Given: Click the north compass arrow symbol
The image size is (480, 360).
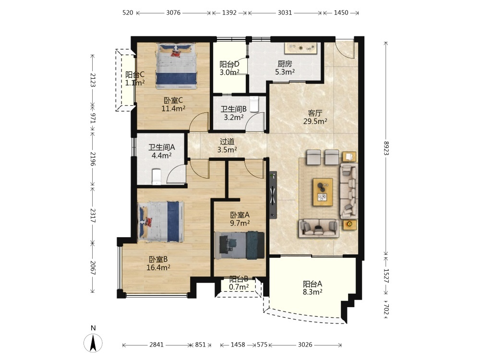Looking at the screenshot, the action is point(93,343).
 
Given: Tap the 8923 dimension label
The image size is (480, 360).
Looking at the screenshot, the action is point(386,148).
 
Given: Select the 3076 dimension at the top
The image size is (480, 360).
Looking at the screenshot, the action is point(173,12).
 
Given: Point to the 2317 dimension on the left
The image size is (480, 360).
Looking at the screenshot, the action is point(93,216).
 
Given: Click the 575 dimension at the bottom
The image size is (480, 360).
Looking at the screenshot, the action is point(262,345).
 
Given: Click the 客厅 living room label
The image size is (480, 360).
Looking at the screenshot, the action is point(315,113).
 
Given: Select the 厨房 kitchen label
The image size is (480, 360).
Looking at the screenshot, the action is point(285,64).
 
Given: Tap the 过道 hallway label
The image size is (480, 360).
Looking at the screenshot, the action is point(227,142).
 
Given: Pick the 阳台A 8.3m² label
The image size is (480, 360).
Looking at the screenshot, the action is point(312,288).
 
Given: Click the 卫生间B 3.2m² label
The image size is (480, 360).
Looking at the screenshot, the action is point(234,113).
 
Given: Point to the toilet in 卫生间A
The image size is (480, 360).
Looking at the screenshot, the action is point(156,177).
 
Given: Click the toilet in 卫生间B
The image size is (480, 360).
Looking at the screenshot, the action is point(254,104).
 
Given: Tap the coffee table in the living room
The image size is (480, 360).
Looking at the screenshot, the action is point(323,192).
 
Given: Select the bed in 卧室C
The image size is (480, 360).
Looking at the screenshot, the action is point(177,66).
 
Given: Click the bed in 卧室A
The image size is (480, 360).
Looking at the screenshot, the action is point(240,245).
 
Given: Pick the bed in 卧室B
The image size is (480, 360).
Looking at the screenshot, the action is point(161,221).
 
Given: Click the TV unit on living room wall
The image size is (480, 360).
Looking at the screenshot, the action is point(273,195).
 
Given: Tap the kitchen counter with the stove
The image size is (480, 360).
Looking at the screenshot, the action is point(301,48).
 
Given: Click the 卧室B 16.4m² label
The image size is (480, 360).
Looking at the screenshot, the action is point(158,263).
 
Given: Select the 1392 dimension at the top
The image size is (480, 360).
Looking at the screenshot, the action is point(229,12).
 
